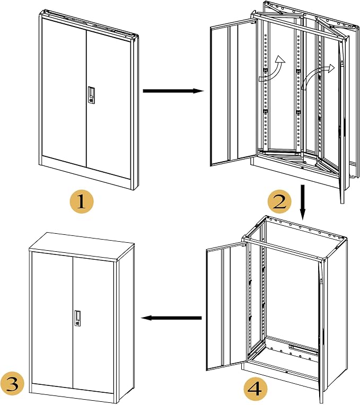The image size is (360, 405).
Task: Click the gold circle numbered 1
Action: pos(82,201)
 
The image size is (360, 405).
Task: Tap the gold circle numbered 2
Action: pos(279,202)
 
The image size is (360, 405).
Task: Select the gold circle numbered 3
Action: pos(12,384)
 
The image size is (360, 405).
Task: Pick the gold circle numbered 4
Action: pos(256,389)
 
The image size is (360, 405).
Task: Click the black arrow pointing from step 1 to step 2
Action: pos(173,91)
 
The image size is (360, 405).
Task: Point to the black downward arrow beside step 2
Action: pos(303,202)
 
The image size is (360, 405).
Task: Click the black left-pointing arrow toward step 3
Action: pos(171,318)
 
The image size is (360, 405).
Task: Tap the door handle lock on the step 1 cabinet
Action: pos(91,95)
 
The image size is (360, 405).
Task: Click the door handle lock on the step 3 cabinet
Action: pos(77,318)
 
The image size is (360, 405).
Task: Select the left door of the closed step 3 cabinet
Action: pos(52,320)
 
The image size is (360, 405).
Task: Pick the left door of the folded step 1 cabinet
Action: pos(64,92)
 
